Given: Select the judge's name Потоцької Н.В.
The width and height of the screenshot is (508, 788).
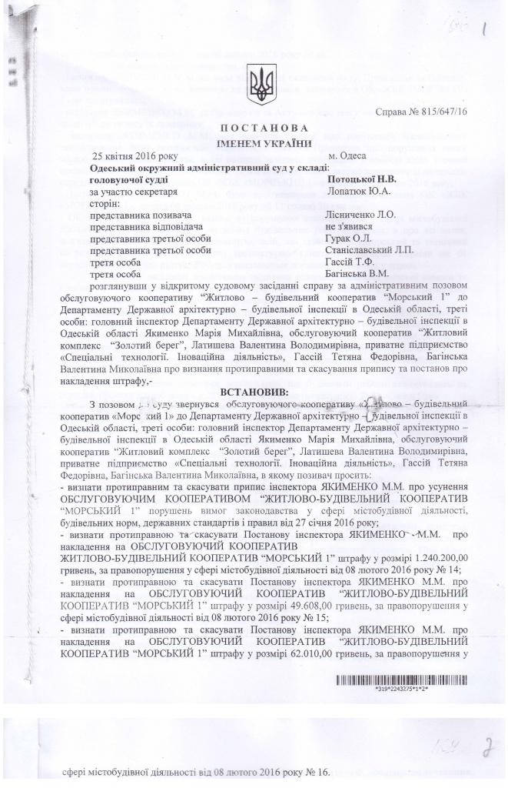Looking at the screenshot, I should click(x=353, y=178).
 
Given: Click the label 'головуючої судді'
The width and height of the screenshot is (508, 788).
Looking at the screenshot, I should click(x=127, y=178).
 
